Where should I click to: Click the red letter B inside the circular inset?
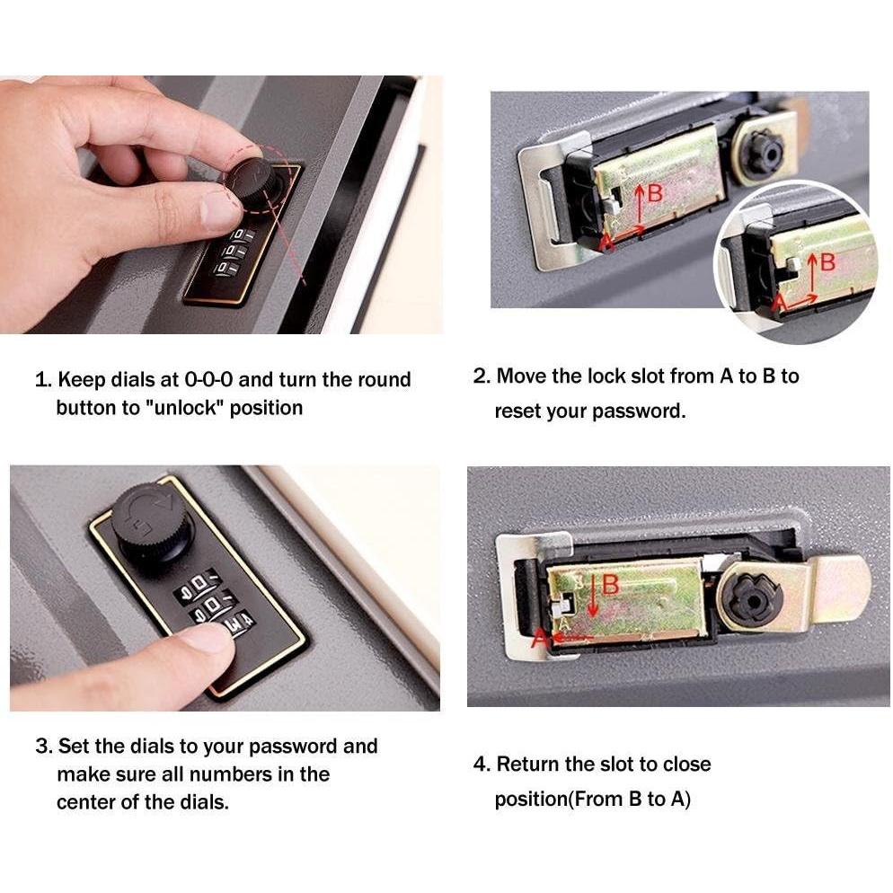click(x=827, y=262)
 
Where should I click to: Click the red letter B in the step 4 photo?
click(x=610, y=585)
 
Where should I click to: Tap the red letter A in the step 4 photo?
click(x=539, y=638)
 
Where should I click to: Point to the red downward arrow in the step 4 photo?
click(x=593, y=597)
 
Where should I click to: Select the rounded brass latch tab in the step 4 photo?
click(x=840, y=588)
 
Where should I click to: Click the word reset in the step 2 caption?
click(x=517, y=411)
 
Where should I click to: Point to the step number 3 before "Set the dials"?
click(x=41, y=747)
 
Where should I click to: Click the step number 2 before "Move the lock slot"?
click(x=480, y=376)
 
